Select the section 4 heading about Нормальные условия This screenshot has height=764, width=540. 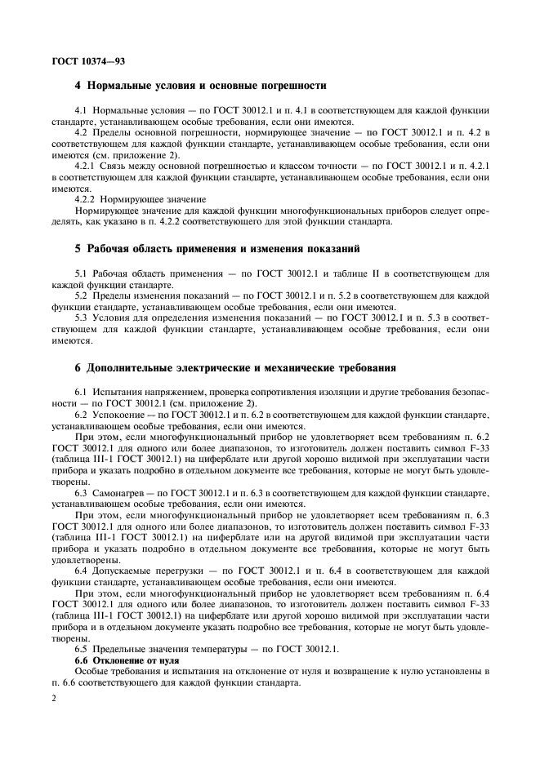click(x=201, y=85)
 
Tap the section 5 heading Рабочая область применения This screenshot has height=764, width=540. click(x=216, y=248)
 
